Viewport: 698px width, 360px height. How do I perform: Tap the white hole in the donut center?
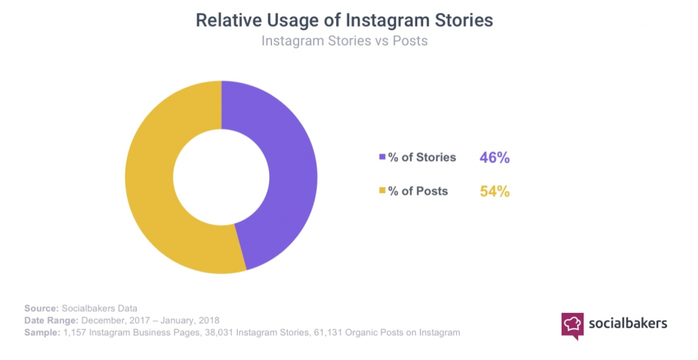pos(221,177)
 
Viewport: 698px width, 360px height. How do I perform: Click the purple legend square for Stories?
pos(382,157)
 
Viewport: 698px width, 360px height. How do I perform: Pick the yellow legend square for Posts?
pos(382,192)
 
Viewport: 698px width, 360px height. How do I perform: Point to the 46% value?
pos(495,157)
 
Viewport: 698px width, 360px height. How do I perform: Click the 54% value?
pos(495,192)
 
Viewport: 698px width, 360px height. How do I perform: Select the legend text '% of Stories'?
pos(422,157)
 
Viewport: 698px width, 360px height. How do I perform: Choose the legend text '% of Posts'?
pos(418,192)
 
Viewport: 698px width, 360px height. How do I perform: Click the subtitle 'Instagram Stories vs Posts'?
pos(344,41)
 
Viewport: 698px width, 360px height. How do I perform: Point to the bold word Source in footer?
pos(40,308)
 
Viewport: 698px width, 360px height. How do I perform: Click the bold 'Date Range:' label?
pos(52,320)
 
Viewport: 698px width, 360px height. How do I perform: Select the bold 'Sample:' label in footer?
pos(42,333)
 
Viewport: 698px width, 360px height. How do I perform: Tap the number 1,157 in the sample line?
pos(74,333)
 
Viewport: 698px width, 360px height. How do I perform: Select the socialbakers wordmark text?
pos(629,322)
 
